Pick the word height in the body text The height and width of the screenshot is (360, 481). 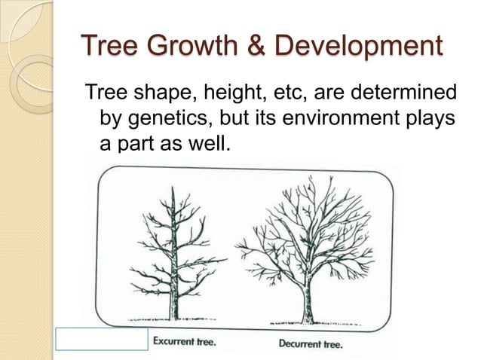pos(213,96)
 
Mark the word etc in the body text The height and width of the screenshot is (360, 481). pos(268,94)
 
